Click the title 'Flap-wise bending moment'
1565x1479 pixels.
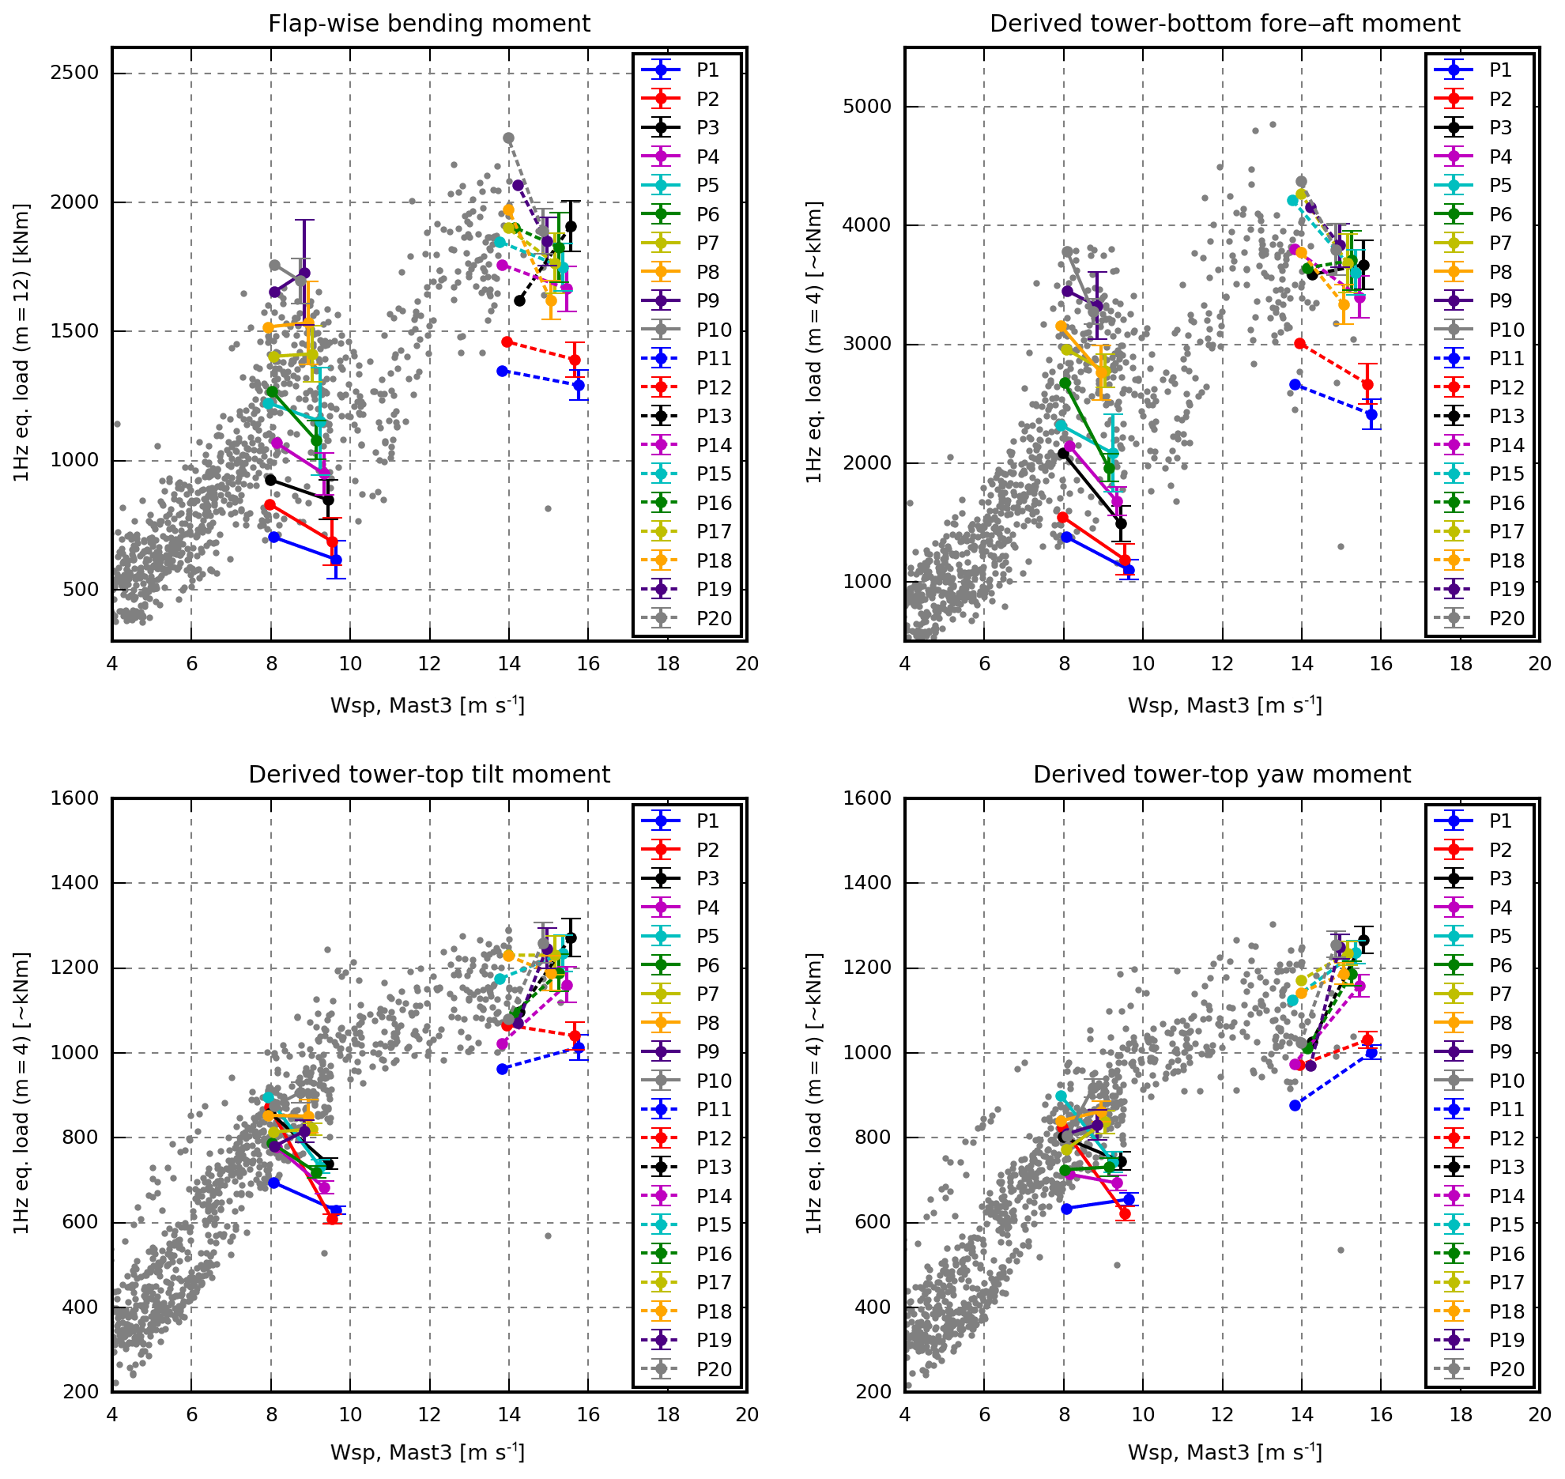[x=429, y=24]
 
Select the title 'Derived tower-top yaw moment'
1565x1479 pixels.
[x=1221, y=775]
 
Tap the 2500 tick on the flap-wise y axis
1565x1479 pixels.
[x=75, y=74]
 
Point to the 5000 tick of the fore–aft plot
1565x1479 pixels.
[x=868, y=107]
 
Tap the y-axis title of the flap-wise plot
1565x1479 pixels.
[x=21, y=343]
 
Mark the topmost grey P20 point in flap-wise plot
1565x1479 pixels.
[x=509, y=138]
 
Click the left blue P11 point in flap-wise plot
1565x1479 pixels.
[x=503, y=371]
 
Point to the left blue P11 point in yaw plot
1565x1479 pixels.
[x=1295, y=1105]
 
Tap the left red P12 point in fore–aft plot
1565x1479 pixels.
[x=1299, y=344]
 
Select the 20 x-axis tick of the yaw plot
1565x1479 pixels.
[x=1539, y=1415]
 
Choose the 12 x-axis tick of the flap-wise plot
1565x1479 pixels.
[x=429, y=664]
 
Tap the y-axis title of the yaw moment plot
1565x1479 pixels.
[x=814, y=1094]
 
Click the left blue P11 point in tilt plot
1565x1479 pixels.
[x=503, y=1069]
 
